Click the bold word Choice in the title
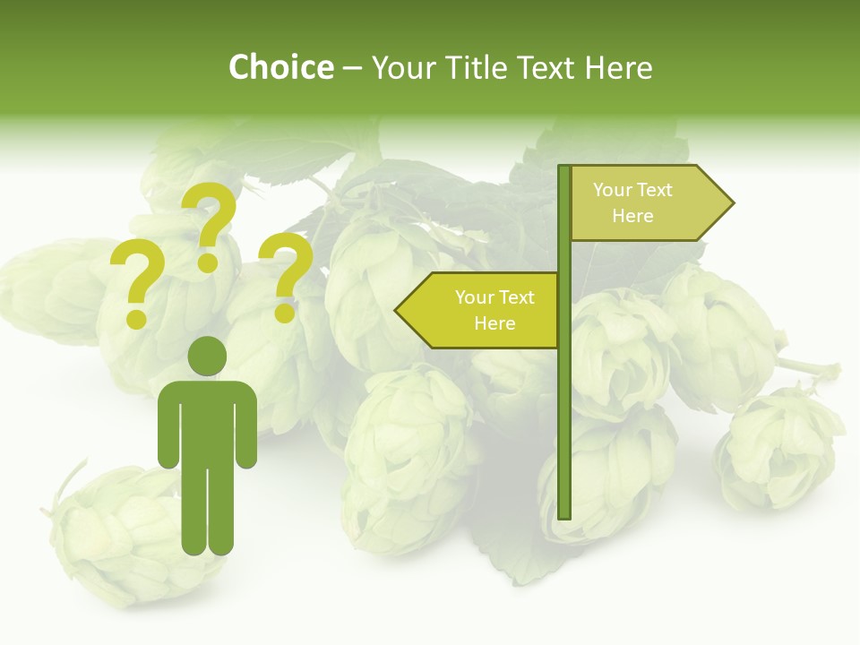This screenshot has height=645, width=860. (280, 68)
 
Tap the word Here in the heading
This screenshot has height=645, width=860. (617, 68)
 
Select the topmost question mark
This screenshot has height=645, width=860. (211, 226)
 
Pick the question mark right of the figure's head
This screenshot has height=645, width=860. (287, 277)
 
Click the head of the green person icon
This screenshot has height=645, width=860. (208, 356)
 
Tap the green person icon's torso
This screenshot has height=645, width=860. (208, 421)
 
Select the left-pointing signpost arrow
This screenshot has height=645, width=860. (479, 310)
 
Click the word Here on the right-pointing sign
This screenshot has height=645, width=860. (632, 216)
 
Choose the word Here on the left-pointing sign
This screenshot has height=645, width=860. (494, 323)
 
